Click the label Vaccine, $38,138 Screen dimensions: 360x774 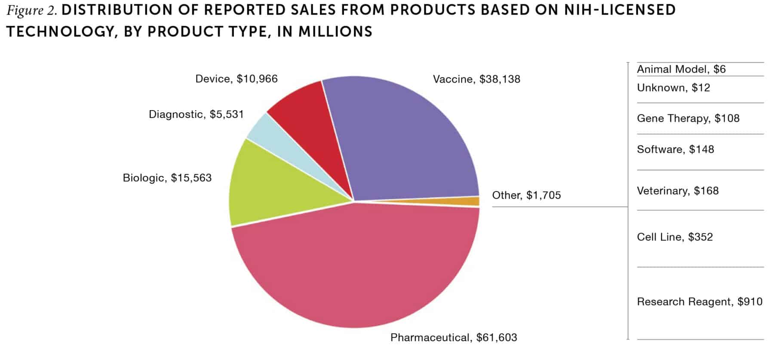476,79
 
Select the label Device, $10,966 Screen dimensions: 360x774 236,79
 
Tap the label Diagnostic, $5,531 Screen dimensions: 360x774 196,114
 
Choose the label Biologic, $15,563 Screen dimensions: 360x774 167,178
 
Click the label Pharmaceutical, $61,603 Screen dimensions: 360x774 454,338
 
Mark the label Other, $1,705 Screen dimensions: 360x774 526,195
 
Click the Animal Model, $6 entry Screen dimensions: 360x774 681,69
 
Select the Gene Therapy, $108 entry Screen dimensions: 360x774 688,118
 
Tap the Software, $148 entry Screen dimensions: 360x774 675,149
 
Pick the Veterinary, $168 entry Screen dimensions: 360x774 678,191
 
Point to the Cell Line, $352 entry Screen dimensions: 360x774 675,237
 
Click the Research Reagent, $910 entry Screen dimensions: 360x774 700,302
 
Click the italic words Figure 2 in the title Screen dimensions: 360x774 31,10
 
